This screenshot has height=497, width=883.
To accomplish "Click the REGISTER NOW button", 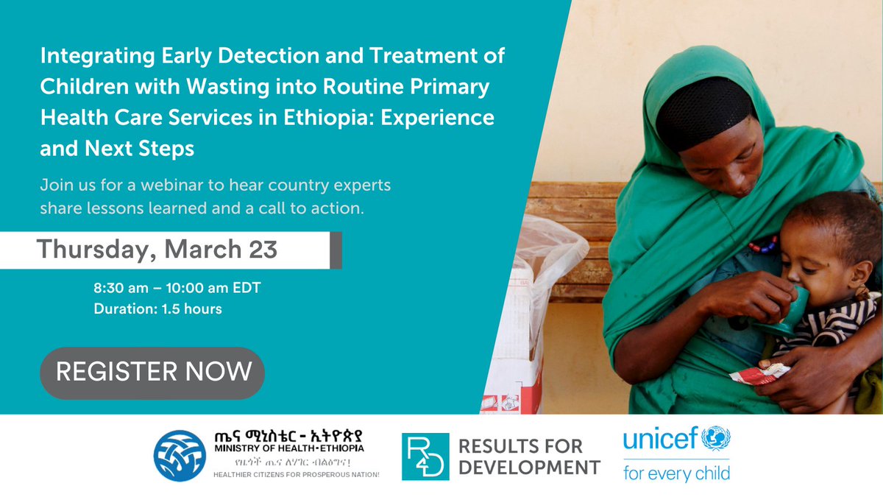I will (x=152, y=372).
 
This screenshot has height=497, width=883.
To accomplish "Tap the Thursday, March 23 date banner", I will (x=157, y=250).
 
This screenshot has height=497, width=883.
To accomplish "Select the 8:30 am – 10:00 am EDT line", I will (x=177, y=289).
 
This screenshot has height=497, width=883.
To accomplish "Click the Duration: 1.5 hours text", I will (x=157, y=309).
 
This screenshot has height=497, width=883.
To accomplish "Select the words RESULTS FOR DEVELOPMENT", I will (x=529, y=457).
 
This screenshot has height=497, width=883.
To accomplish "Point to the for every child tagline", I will (x=676, y=472).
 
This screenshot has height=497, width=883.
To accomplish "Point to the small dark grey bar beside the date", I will (x=336, y=250).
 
